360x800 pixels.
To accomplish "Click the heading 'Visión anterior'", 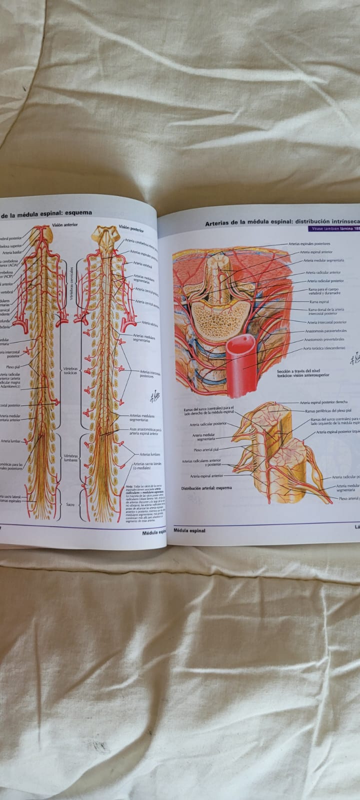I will [65, 225].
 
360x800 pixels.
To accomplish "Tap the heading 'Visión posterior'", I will [130, 229].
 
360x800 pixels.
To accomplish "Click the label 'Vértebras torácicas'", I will [69, 371].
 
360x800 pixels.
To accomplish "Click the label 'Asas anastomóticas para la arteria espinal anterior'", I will [145, 431].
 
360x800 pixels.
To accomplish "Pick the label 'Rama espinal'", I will [319, 302].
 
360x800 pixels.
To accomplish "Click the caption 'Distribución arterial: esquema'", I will [206, 488].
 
